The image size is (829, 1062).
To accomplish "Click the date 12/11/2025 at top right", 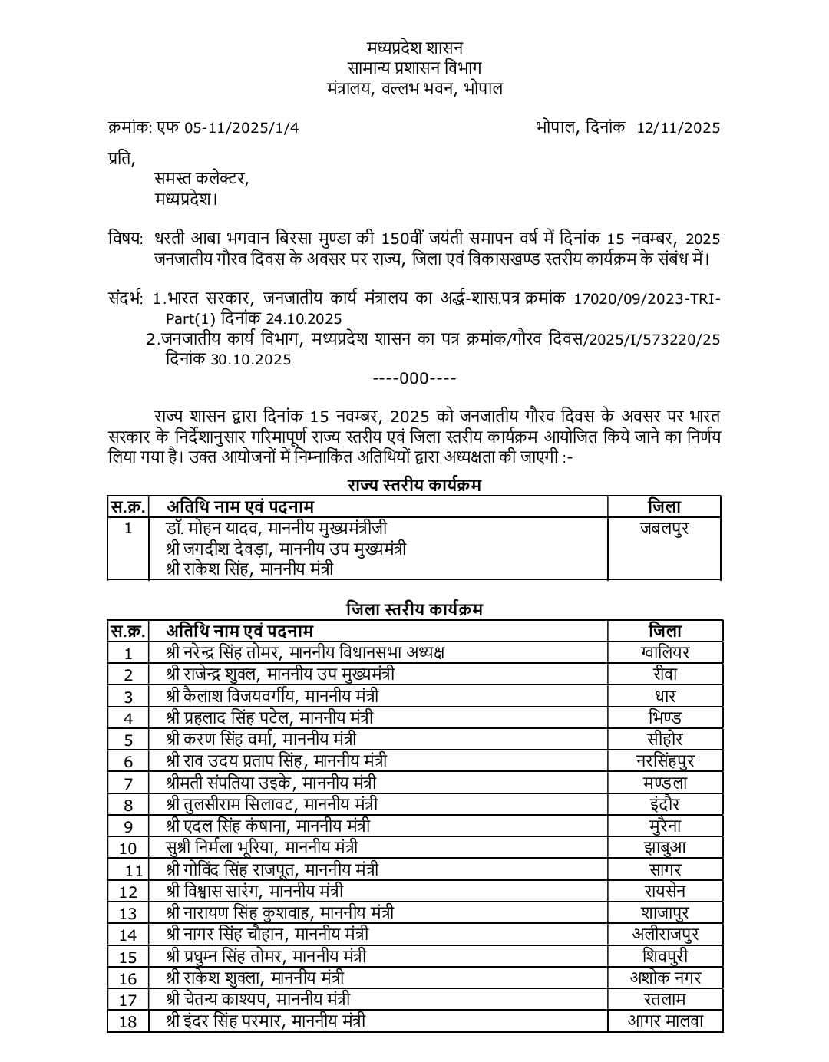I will (678, 128).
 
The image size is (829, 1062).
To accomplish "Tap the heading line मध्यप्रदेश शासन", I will (414, 48).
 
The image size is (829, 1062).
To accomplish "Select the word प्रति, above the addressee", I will (121, 159).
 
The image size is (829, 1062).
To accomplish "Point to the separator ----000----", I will (414, 378).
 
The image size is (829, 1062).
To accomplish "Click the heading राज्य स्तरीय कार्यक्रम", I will (414, 485).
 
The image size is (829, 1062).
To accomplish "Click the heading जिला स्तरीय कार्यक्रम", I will (414, 609).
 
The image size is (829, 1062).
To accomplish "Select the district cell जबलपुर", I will (664, 528).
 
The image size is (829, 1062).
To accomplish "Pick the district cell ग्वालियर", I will (664, 652).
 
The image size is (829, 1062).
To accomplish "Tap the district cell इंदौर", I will (664, 804).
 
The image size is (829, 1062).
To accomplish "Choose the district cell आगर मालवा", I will (665, 1021).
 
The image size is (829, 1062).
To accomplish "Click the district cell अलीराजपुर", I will (665, 934).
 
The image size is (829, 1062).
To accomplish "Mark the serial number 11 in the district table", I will (134, 870).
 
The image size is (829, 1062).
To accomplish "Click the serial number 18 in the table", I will (127, 1021).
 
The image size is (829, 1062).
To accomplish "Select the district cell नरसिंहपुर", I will (664, 760).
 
